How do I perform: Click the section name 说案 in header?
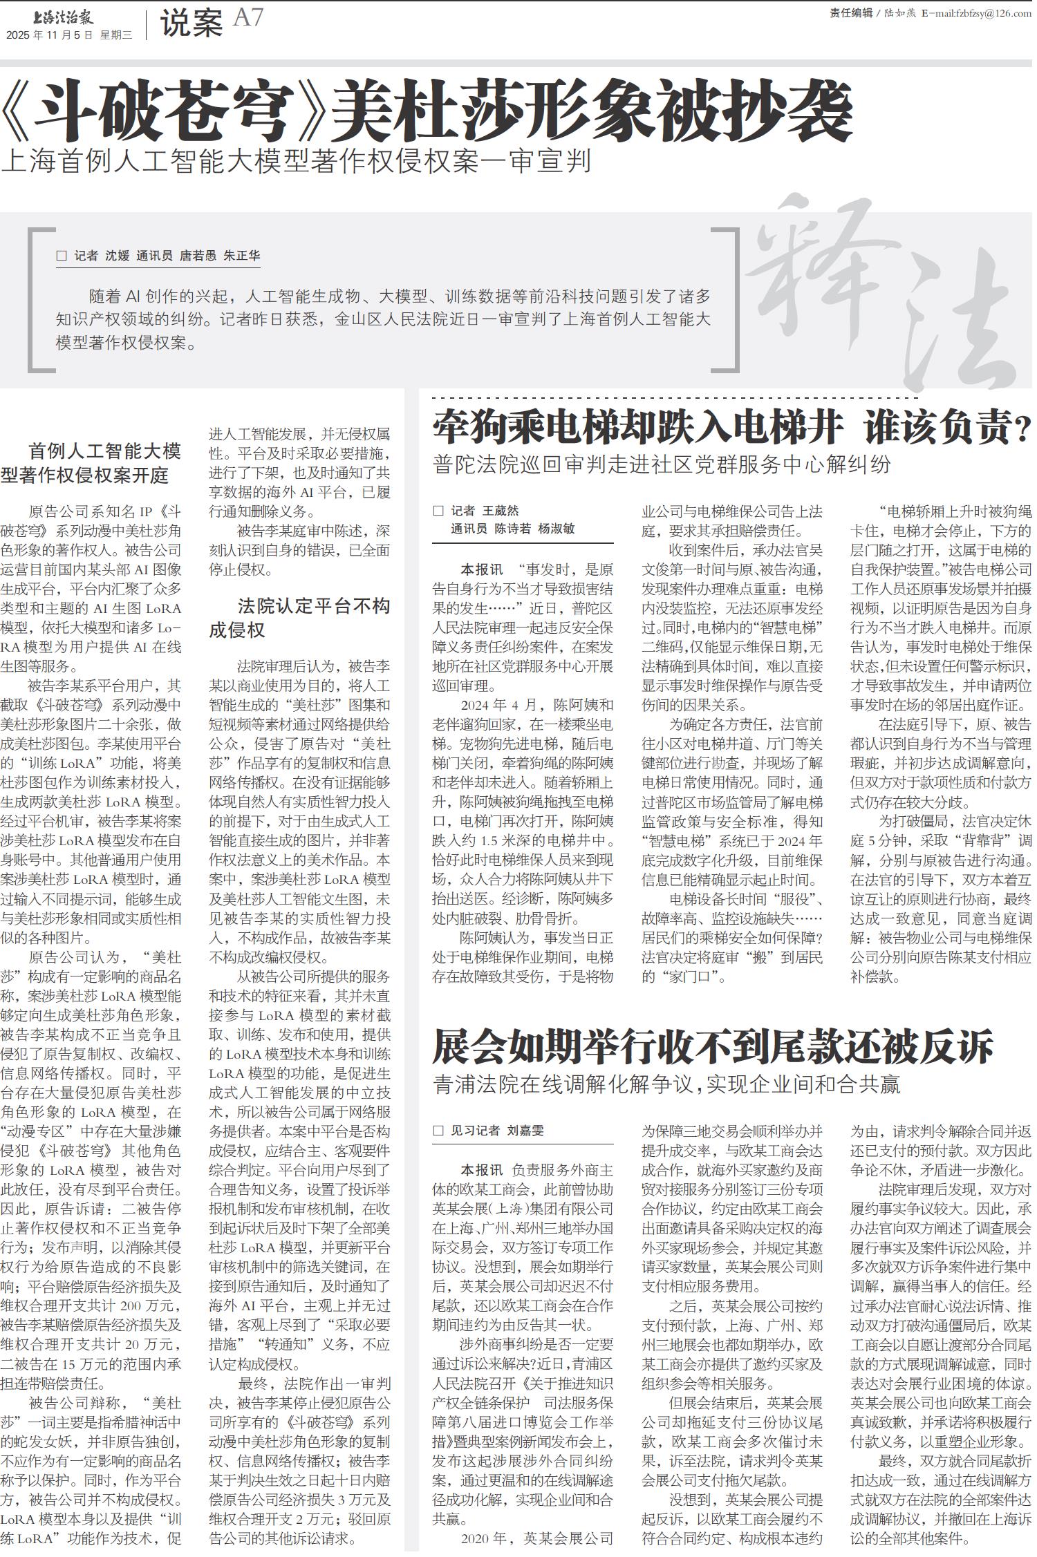(191, 24)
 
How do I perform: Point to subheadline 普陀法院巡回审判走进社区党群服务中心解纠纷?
(662, 464)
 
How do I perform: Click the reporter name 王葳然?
(500, 511)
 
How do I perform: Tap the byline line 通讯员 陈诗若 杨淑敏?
(512, 529)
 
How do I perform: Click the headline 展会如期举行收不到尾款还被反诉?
(713, 1046)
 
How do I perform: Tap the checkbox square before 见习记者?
(437, 1131)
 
